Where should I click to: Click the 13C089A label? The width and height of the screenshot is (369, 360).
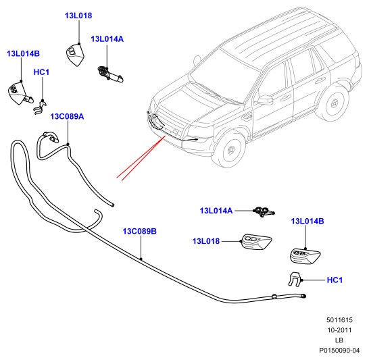pos(67,116)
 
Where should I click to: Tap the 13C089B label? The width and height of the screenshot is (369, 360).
pos(139,231)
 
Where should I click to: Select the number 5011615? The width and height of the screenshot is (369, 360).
pos(339,319)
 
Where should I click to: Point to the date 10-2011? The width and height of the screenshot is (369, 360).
pos(339,330)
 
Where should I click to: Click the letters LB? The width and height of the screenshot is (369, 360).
pos(339,340)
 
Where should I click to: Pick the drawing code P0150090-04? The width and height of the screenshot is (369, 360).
pos(339,351)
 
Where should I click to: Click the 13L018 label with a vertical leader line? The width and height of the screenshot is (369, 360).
pos(78,16)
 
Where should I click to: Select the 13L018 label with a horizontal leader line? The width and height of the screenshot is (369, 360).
pos(206,241)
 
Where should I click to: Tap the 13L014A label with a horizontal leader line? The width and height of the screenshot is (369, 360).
pos(216,211)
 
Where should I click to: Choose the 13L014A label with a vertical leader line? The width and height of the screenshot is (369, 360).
pos(107,38)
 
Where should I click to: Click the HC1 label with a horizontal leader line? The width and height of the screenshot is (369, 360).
pos(335,280)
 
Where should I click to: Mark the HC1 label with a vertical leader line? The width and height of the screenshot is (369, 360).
pos(41,72)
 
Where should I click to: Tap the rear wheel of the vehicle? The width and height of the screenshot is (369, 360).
pos(333,103)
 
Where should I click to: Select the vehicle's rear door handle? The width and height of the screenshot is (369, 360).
pos(320,81)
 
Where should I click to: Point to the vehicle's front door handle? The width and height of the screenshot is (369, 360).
pos(285,97)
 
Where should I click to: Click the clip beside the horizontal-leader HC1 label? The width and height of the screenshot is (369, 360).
pos(294,279)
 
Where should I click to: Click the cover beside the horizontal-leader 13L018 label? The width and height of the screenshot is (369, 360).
pos(256,242)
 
